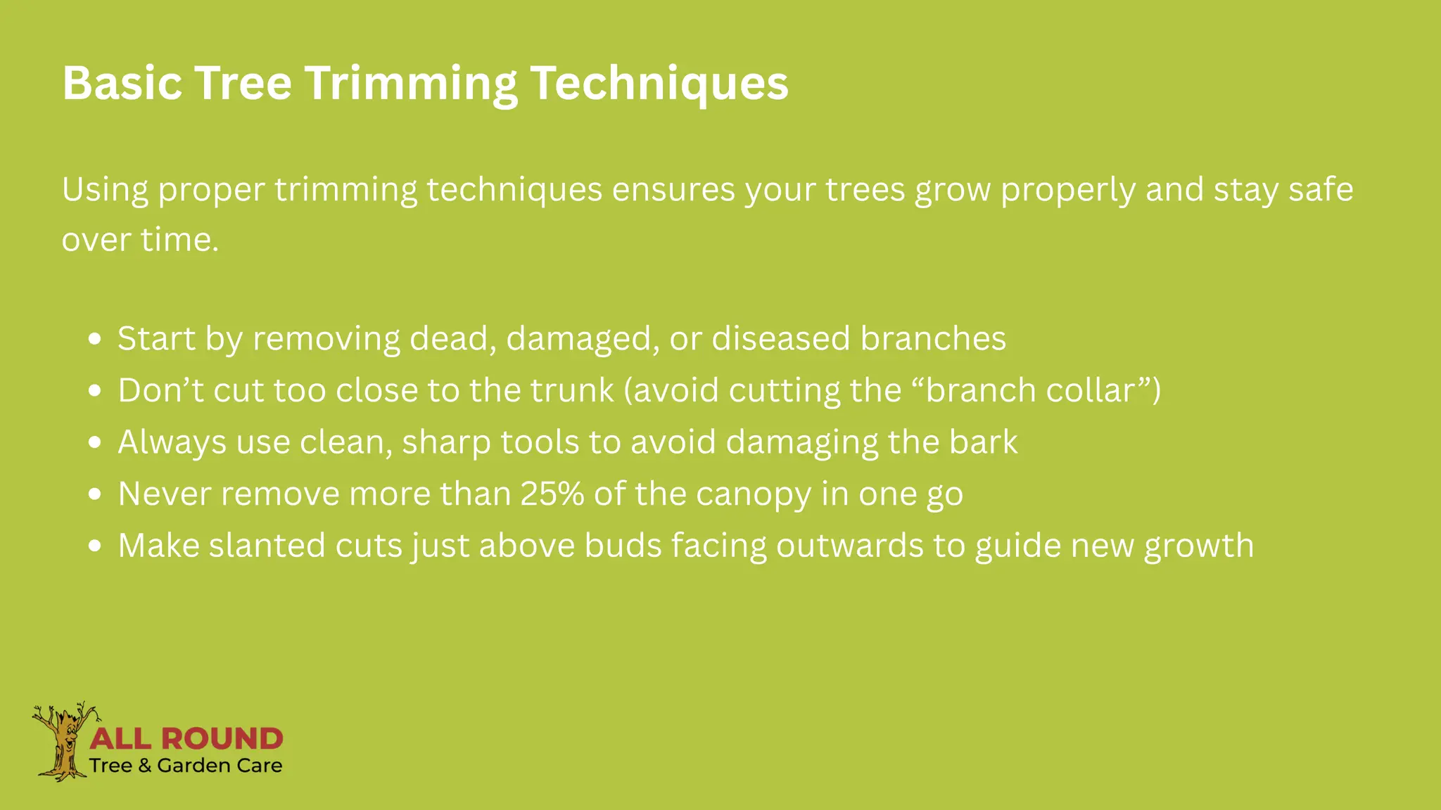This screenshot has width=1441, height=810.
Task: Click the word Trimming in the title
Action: pos(411,84)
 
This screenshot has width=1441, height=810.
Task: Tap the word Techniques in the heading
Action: pos(659,84)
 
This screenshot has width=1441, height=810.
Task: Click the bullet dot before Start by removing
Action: pos(96,340)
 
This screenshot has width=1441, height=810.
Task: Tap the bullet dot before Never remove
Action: pos(96,494)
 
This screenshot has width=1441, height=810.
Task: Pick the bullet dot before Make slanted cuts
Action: pos(96,546)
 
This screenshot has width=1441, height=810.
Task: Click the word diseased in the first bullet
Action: pos(781,339)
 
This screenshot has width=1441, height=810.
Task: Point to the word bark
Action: pos(983,442)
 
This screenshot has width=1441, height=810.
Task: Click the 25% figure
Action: pos(552,494)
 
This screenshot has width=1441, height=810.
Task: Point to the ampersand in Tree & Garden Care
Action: pos(145,766)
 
